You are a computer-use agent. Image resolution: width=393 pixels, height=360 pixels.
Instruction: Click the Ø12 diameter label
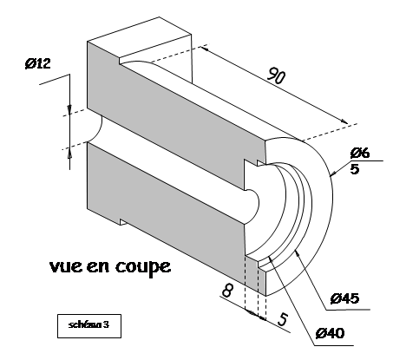tap(38, 63)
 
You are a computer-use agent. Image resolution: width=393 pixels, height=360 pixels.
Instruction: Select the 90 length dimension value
tap(276, 75)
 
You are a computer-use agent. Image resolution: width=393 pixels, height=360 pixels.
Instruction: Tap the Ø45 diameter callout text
tap(344, 298)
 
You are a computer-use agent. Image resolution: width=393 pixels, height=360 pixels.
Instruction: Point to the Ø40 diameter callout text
tap(330, 333)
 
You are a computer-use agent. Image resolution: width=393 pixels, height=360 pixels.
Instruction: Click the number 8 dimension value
tap(227, 290)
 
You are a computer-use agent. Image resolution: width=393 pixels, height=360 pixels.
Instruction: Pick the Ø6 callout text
tap(360, 153)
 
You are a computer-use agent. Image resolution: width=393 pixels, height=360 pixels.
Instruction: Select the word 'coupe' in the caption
tap(143, 267)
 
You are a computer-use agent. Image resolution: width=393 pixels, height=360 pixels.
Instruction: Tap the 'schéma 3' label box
tap(89, 325)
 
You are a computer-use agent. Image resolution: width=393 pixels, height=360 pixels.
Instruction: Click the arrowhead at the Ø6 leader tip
tap(332, 174)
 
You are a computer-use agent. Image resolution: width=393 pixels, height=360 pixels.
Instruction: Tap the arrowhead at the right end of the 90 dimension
tap(344, 121)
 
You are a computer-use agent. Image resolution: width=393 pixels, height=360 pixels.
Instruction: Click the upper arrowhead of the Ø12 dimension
tap(69, 109)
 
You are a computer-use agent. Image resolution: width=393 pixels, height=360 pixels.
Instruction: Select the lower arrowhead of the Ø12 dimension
tap(69, 154)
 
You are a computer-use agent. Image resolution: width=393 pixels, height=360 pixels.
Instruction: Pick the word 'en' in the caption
tap(98, 266)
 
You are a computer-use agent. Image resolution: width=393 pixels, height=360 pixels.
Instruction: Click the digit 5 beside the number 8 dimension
tap(283, 319)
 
